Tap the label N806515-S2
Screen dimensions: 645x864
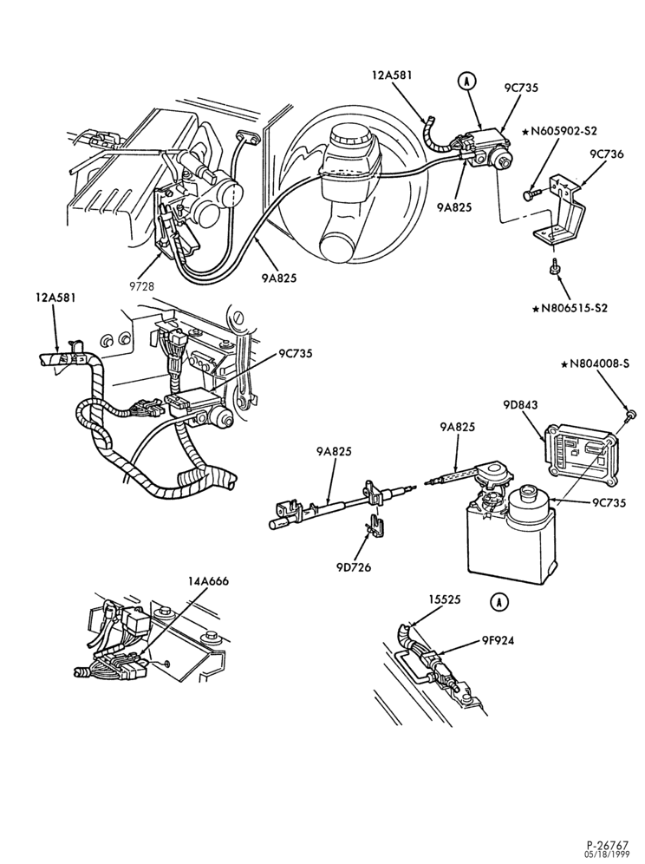570,307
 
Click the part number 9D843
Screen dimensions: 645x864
520,405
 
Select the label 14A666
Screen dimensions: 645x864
208,581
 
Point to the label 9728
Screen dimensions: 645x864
142,286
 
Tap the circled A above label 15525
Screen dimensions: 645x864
498,602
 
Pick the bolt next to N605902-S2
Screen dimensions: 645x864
530,194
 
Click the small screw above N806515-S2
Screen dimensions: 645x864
555,266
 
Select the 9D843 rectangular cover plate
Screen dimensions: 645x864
579,454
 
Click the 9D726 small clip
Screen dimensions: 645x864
376,524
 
